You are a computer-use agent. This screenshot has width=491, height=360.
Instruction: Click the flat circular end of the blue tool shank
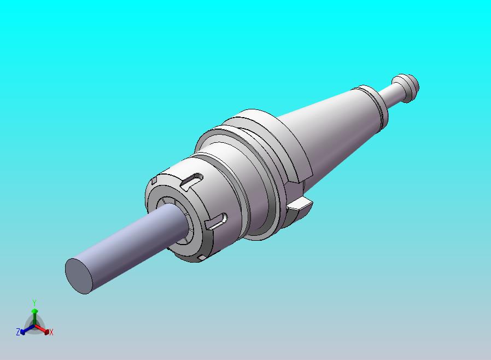[79, 275]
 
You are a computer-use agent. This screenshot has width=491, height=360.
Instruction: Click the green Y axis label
[34, 303]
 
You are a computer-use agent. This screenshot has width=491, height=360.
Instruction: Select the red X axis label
[51, 332]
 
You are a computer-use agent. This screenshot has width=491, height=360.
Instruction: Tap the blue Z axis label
[17, 332]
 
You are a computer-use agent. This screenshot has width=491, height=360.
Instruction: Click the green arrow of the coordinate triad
[34, 313]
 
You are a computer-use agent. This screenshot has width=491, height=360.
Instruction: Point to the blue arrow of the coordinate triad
[24, 329]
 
